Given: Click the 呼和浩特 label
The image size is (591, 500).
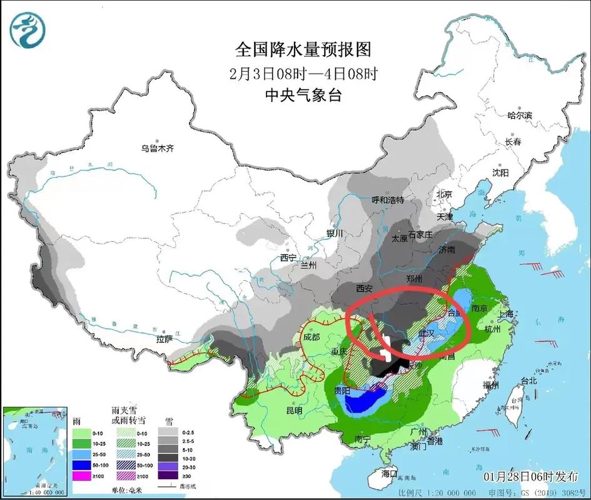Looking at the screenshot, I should [388, 200].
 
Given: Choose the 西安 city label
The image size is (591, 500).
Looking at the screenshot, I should [364, 289].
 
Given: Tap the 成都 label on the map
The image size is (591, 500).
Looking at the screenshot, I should [310, 337].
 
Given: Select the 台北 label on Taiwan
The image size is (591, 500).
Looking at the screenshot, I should [528, 380].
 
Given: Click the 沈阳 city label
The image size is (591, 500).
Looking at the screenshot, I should [500, 172].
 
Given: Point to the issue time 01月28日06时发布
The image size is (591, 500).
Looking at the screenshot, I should [531, 476].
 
